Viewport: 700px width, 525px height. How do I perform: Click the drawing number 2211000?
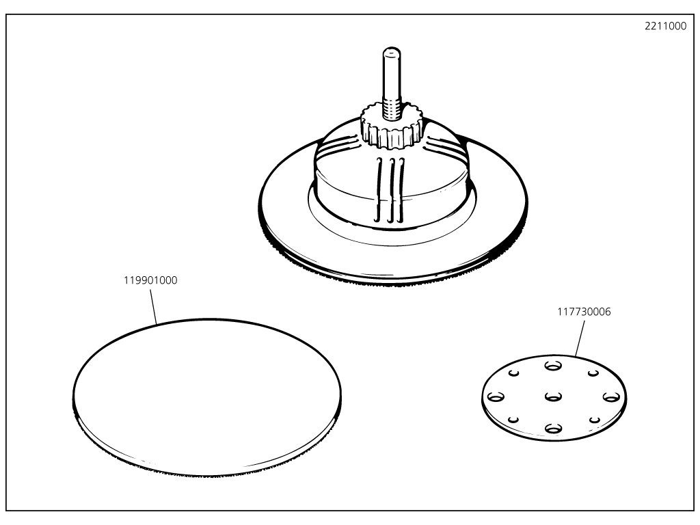pos(665,27)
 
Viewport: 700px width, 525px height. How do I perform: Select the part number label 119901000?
pos(150,280)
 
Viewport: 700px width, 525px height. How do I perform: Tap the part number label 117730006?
pos(583,312)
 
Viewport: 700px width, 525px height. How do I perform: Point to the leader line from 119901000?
pos(155,305)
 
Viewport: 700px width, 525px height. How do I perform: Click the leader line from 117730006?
pos(580,337)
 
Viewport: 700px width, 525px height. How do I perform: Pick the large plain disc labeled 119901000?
pos(206,396)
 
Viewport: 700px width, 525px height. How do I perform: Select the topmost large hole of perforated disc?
pos(552,365)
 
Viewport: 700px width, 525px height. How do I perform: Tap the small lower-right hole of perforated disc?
pos(595,420)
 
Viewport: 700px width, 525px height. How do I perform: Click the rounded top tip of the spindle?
pos(390,51)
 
